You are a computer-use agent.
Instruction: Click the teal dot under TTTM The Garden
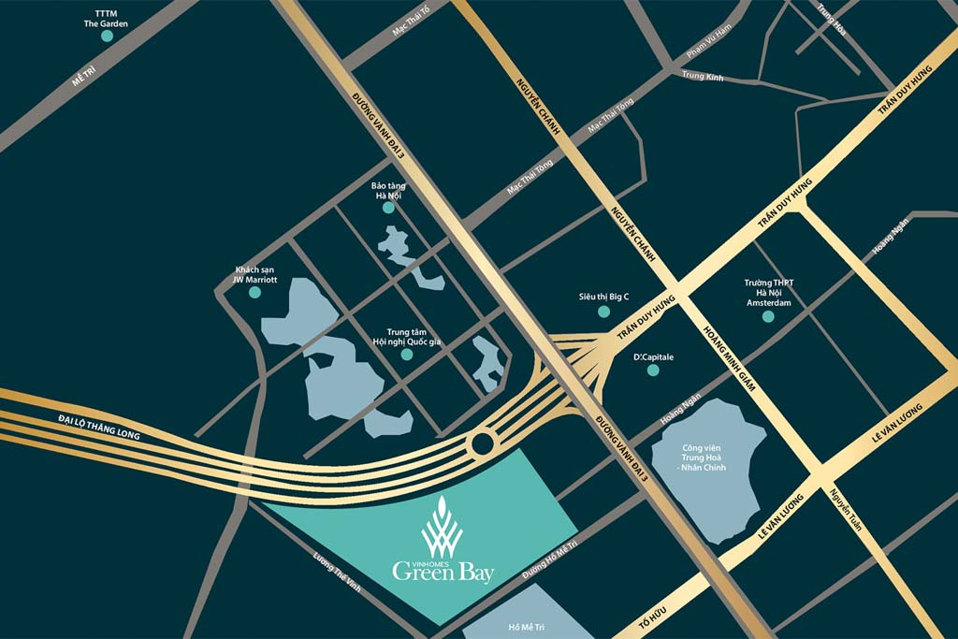(x=107, y=36)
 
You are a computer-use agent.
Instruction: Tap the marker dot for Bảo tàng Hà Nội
(x=388, y=208)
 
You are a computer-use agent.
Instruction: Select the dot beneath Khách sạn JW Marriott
(x=254, y=292)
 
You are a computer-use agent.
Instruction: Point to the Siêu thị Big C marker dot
(x=603, y=311)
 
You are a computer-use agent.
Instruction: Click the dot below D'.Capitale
(x=653, y=370)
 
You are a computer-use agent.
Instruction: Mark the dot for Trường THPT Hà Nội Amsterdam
(x=768, y=316)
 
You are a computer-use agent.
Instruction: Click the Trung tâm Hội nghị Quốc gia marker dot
(x=406, y=354)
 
